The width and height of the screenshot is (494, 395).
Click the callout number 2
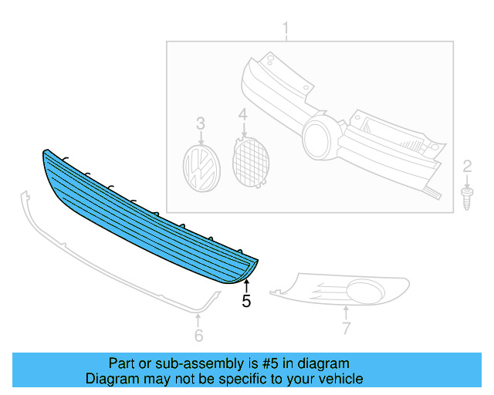click(x=467, y=165)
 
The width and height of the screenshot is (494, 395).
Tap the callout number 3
click(x=200, y=123)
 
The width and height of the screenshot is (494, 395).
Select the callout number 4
click(x=242, y=116)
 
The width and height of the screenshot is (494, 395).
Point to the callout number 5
click(x=246, y=302)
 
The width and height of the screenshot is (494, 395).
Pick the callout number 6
click(x=198, y=335)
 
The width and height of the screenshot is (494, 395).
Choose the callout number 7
click(x=347, y=329)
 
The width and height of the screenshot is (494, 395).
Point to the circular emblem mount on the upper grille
click(x=319, y=138)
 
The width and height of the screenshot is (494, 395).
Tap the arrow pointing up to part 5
click(x=246, y=287)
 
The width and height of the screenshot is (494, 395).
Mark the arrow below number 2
click(x=467, y=179)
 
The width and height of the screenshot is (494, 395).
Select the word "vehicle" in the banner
click(x=340, y=379)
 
